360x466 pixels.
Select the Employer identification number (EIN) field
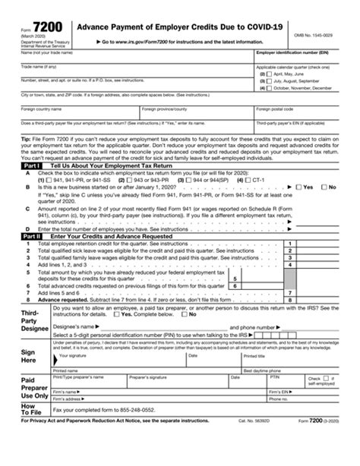click(306, 60)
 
